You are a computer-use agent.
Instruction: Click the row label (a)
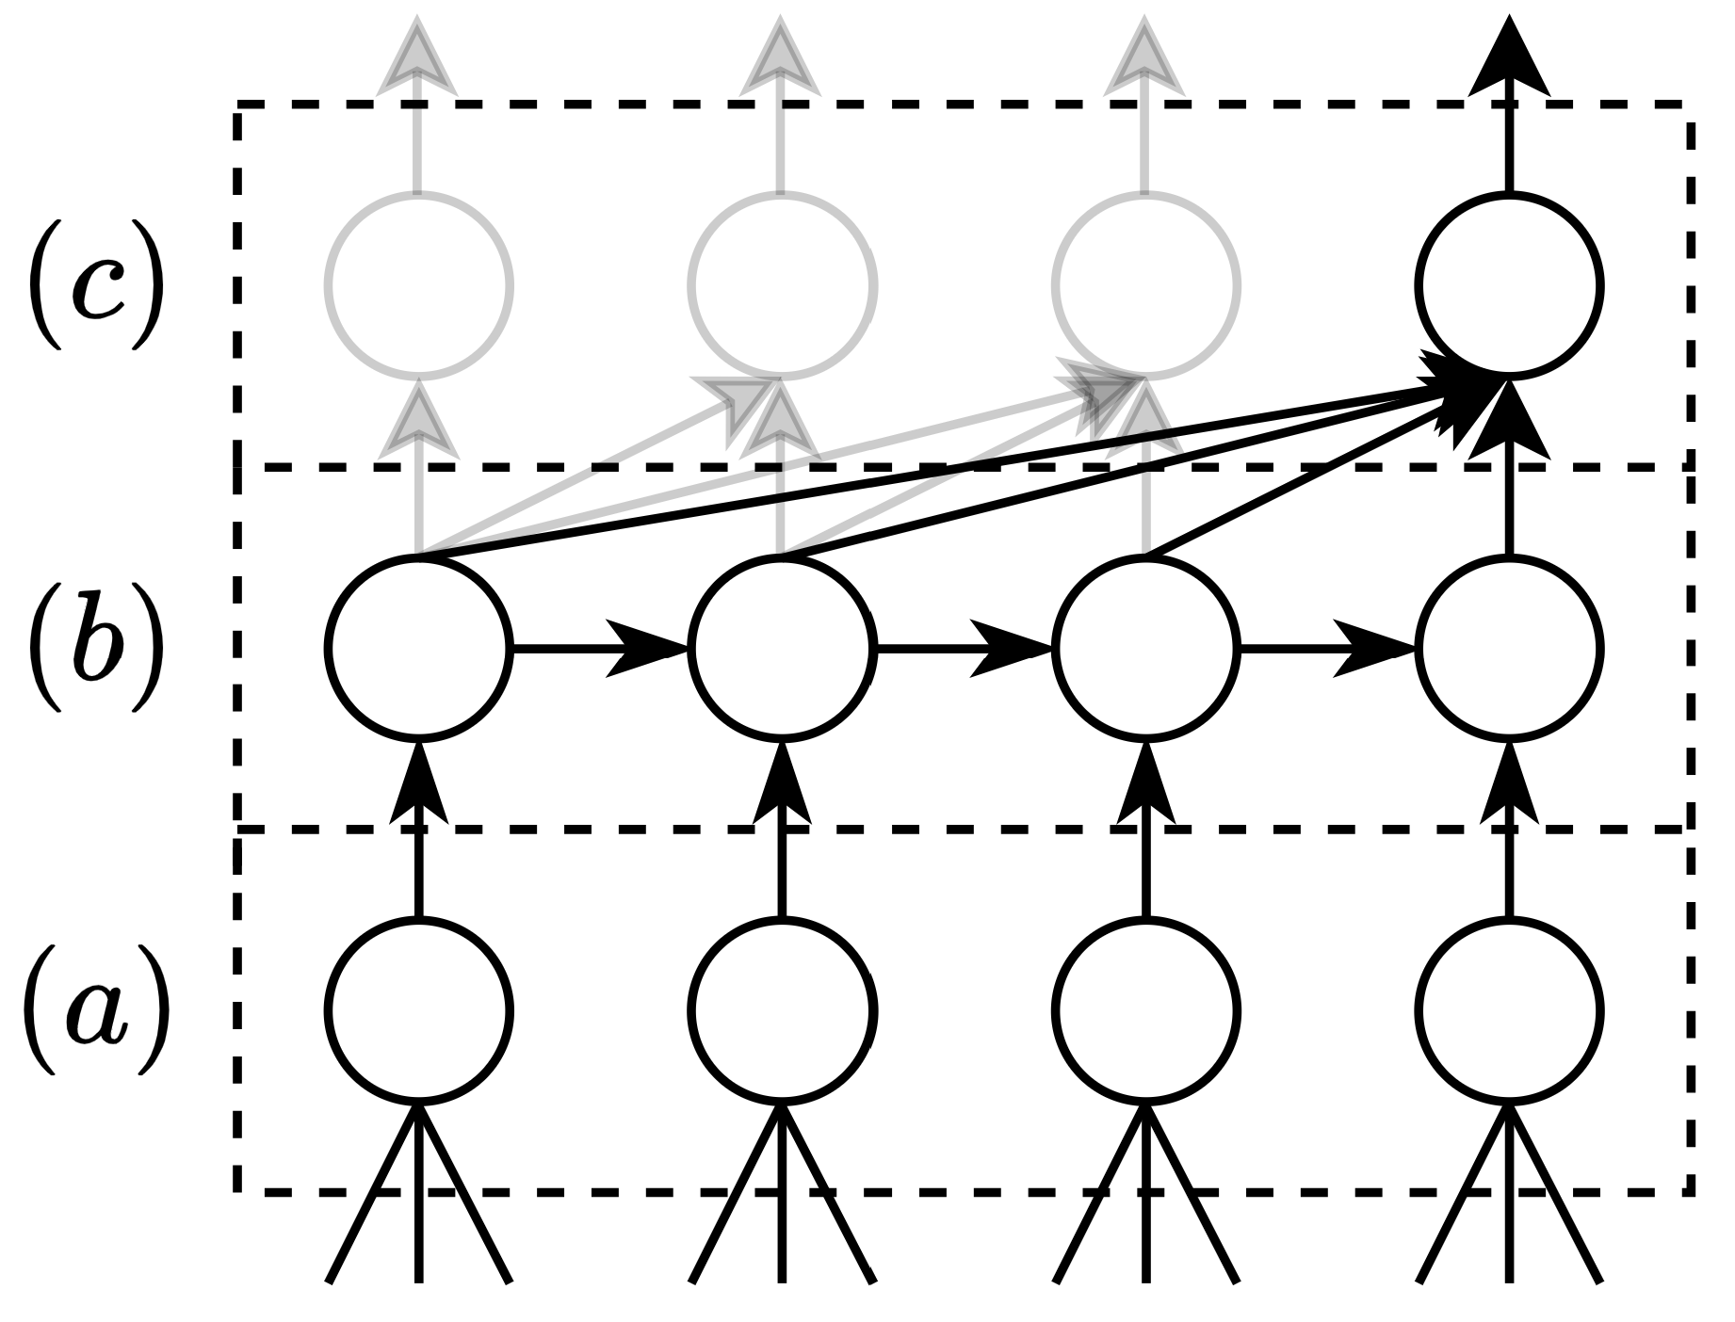[x=95, y=1009]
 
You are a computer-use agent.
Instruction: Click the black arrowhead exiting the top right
[x=1509, y=58]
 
